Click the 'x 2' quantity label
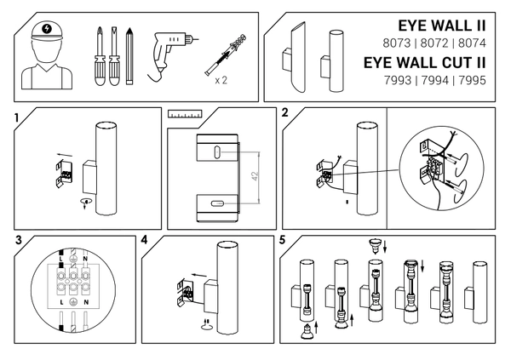click(220, 80)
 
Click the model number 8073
click(378, 41)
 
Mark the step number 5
click(283, 240)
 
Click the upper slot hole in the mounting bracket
click(217, 150)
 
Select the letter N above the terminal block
click(85, 257)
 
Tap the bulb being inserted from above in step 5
click(372, 244)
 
